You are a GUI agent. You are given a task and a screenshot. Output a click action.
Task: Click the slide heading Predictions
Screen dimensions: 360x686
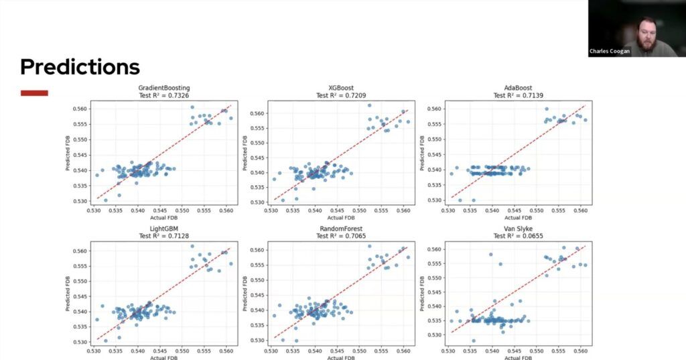coord(80,67)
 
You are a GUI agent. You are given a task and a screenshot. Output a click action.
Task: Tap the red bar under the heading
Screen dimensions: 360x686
coord(34,93)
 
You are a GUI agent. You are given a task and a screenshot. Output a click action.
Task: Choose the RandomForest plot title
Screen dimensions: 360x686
coord(341,229)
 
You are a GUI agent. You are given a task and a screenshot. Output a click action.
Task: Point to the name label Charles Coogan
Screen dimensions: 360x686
coord(610,51)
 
